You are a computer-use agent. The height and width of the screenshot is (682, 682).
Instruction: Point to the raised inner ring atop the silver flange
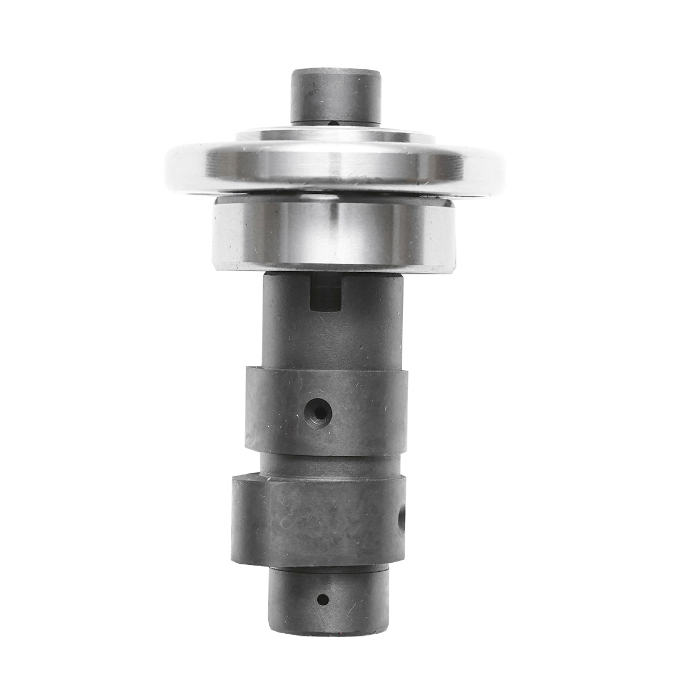point(335,136)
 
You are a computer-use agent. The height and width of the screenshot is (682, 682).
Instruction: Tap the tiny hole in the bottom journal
point(323,598)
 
